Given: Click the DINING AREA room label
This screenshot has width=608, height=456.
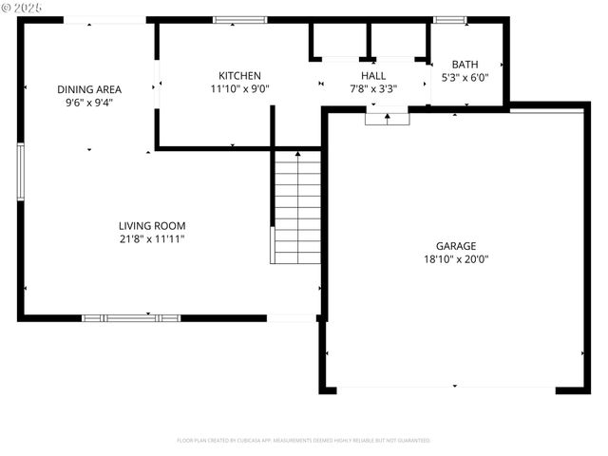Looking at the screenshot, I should (89, 89).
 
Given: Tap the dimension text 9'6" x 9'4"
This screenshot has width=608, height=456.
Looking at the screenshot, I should (89, 102).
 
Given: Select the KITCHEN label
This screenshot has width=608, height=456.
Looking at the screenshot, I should (239, 76).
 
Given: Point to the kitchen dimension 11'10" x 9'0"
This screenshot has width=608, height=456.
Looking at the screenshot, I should (239, 88).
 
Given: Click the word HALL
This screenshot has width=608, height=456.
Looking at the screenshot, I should (373, 76).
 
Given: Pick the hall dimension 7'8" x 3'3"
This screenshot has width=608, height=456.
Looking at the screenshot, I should (373, 88).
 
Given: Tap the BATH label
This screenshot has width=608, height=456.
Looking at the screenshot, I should (465, 65).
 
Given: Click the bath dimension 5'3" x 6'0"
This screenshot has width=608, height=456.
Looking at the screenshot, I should (465, 78).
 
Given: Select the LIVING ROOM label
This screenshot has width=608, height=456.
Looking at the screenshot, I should (152, 226).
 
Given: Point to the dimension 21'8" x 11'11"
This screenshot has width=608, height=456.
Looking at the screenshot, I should (152, 239).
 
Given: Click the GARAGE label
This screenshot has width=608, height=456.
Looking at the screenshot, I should (456, 245).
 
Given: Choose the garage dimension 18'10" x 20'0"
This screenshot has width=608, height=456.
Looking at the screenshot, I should (456, 258).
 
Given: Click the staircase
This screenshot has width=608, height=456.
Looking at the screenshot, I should (297, 207).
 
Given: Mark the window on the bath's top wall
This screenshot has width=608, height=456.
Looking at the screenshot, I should (449, 19).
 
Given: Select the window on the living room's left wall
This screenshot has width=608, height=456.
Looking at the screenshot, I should (20, 172).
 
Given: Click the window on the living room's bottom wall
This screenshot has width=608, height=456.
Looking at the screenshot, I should (131, 318).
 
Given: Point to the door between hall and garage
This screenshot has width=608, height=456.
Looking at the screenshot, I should (388, 118).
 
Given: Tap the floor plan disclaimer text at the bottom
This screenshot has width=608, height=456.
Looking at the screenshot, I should (304, 441).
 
